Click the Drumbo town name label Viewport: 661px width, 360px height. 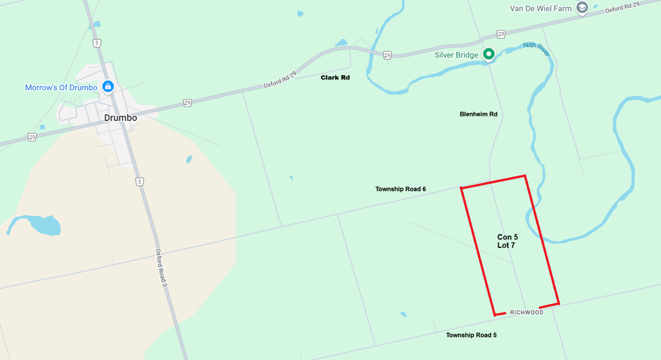[120, 117]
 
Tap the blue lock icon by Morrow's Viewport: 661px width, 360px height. [108, 87]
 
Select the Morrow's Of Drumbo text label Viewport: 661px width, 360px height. [61, 88]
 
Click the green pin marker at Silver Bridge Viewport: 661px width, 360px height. [489, 54]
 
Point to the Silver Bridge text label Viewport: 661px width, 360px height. [456, 55]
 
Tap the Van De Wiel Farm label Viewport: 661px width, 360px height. [541, 8]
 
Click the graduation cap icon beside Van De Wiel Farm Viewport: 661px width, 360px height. [582, 8]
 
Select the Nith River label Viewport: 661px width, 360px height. [536, 49]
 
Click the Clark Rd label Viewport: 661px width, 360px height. [335, 77]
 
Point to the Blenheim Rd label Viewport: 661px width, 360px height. [478, 114]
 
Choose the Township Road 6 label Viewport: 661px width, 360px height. [401, 189]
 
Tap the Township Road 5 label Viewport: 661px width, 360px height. [471, 335]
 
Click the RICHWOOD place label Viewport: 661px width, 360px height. [527, 312]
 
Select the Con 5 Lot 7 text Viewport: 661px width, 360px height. [507, 241]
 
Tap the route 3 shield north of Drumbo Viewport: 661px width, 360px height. [97, 43]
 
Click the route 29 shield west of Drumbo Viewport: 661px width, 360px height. [32, 137]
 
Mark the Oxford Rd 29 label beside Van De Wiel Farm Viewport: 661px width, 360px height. [622, 8]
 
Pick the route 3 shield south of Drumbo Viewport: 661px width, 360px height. [140, 182]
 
